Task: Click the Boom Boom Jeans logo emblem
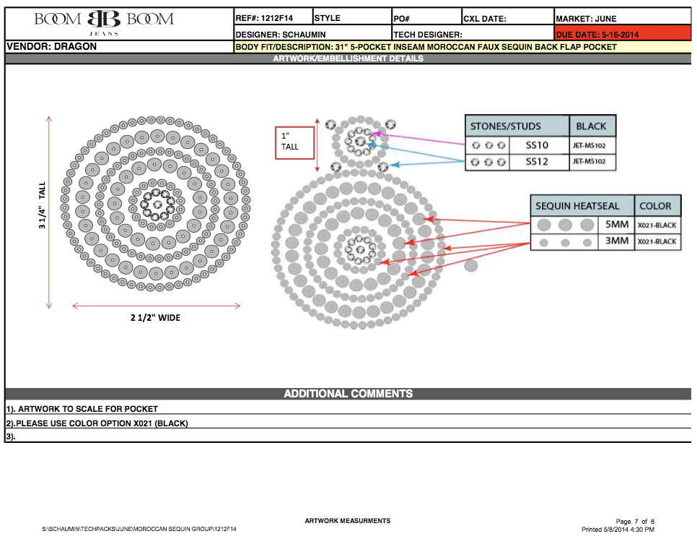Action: [x=104, y=19]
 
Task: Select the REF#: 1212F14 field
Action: [x=264, y=18]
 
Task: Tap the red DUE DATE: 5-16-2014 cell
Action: [x=622, y=33]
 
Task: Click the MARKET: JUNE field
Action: [x=586, y=19]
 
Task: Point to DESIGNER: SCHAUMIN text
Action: [x=281, y=34]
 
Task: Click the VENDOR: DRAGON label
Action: [x=51, y=46]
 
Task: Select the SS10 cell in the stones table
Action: [x=537, y=145]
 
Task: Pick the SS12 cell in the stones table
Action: [x=537, y=162]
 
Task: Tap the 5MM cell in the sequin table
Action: [x=617, y=224]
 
